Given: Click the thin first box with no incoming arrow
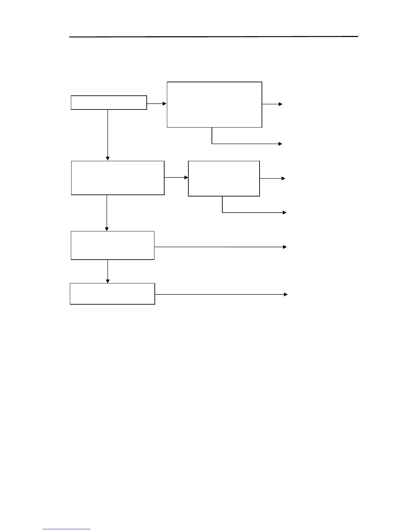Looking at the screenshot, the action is (109, 102).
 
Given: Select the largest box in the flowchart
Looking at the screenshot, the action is (214, 104).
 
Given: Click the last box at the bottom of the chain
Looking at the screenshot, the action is (112, 294).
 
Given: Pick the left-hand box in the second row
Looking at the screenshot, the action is (118, 178).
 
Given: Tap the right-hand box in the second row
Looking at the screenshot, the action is (224, 178).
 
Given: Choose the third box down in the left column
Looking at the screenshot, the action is (112, 245).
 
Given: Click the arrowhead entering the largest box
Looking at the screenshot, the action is (165, 104).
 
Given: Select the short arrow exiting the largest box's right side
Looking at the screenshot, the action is (272, 104).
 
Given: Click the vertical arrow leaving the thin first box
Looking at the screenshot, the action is (108, 134).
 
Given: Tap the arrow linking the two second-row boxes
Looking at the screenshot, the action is (176, 177).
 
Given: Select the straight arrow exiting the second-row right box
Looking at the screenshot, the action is (272, 179).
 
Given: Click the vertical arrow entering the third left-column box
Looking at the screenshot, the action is (107, 213).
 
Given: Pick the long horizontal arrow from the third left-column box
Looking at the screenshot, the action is (220, 247).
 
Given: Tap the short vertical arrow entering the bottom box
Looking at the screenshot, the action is (108, 271).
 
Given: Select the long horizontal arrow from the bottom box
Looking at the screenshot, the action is (220, 295).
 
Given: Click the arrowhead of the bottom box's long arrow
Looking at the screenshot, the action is (286, 295).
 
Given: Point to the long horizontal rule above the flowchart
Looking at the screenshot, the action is (214, 37).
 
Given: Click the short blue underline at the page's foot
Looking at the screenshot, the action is (66, 529).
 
